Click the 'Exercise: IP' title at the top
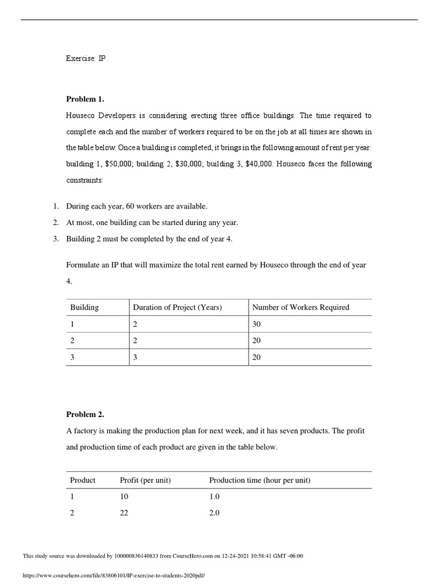click(x=86, y=58)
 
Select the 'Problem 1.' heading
click(x=85, y=99)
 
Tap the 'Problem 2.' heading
click(x=85, y=414)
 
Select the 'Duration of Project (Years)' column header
click(x=177, y=307)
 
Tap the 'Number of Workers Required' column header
click(x=301, y=307)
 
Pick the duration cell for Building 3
click(x=135, y=357)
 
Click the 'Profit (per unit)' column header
click(x=145, y=480)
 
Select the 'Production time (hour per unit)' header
click(x=259, y=480)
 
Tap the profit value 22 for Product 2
click(x=124, y=513)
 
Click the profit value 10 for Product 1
click(x=124, y=497)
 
